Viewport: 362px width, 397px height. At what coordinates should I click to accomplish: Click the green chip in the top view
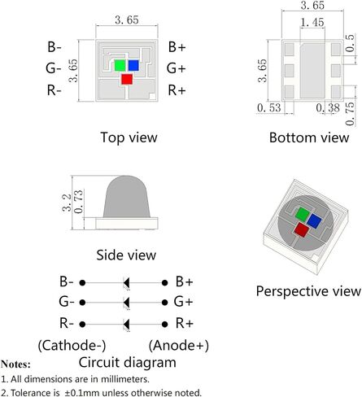[x=120, y=65]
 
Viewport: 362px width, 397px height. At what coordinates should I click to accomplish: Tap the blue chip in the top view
[x=133, y=65]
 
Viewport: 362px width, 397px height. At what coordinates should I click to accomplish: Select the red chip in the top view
[x=127, y=79]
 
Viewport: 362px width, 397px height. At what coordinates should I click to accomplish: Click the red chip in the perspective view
[x=302, y=229]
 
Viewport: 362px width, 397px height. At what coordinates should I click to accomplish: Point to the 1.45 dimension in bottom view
[x=312, y=22]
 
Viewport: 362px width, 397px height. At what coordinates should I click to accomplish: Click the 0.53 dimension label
[x=269, y=107]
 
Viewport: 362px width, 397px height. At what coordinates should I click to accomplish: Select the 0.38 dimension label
[x=328, y=107]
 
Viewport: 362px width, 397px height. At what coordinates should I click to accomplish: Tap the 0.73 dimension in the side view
[x=78, y=202]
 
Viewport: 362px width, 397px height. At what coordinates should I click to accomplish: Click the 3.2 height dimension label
[x=67, y=203]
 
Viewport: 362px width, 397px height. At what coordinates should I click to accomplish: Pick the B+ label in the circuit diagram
[x=184, y=281]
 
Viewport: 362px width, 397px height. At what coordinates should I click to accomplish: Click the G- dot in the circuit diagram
[x=83, y=303]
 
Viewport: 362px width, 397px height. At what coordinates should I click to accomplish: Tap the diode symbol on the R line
[x=126, y=325]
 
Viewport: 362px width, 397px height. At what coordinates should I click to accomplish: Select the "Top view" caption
[x=129, y=137]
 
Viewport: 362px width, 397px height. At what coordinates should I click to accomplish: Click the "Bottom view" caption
[x=309, y=137]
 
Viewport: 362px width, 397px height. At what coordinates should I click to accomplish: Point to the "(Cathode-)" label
[x=72, y=346]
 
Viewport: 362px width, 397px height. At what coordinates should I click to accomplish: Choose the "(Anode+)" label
[x=179, y=346]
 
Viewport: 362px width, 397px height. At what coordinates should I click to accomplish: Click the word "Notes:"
[x=15, y=364]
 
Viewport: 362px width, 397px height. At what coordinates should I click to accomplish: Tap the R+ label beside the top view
[x=177, y=90]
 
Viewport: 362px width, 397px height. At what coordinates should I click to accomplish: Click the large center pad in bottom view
[x=312, y=70]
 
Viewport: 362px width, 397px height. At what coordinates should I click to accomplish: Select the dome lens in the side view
[x=126, y=197]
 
